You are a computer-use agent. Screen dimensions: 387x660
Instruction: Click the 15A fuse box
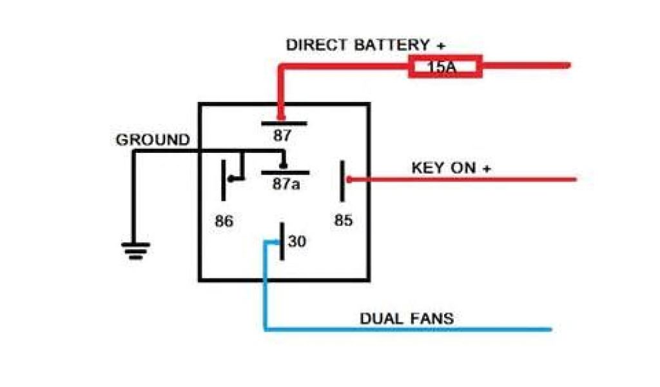point(445,66)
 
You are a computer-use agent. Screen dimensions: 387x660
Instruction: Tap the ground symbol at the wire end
point(135,250)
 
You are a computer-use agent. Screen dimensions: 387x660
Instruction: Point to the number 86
point(224,221)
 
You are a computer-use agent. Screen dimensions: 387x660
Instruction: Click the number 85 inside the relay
point(344,221)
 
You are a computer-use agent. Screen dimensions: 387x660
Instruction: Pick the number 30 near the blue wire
point(297,242)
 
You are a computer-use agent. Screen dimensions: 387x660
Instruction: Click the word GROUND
point(153,140)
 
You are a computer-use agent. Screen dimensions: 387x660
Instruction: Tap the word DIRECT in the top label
point(318,45)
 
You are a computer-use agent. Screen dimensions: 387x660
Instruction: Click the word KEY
point(426,168)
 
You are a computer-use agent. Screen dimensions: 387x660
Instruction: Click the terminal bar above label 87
point(284,123)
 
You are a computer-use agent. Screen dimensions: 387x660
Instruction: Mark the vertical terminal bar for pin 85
point(342,181)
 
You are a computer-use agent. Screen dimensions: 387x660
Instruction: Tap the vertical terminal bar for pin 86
point(224,180)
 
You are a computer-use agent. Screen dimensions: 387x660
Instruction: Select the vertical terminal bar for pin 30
point(282,241)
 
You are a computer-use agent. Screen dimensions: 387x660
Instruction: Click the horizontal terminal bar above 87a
point(285,173)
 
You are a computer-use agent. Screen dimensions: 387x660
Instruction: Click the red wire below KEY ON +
point(464,179)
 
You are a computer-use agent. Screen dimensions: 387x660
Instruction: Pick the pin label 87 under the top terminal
point(282,135)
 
